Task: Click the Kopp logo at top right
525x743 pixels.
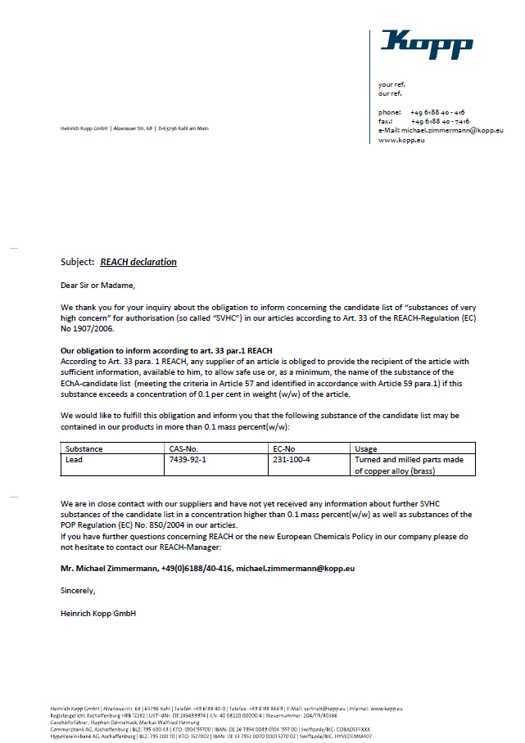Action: pyautogui.click(x=426, y=44)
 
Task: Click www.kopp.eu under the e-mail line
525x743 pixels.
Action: pyautogui.click(x=401, y=141)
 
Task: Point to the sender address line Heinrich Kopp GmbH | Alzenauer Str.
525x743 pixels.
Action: pyautogui.click(x=134, y=128)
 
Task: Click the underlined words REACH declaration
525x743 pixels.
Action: pyautogui.click(x=138, y=262)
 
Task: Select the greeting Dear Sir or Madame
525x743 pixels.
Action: pyautogui.click(x=97, y=286)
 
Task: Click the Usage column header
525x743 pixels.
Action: pyautogui.click(x=366, y=449)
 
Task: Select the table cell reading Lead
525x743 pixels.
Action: pyautogui.click(x=74, y=460)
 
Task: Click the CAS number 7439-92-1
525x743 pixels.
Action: pyautogui.click(x=188, y=460)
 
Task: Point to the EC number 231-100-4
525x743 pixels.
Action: pyautogui.click(x=292, y=460)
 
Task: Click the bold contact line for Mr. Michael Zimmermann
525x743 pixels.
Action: pyautogui.click(x=207, y=567)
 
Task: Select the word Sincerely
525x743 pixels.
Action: pyautogui.click(x=78, y=590)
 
